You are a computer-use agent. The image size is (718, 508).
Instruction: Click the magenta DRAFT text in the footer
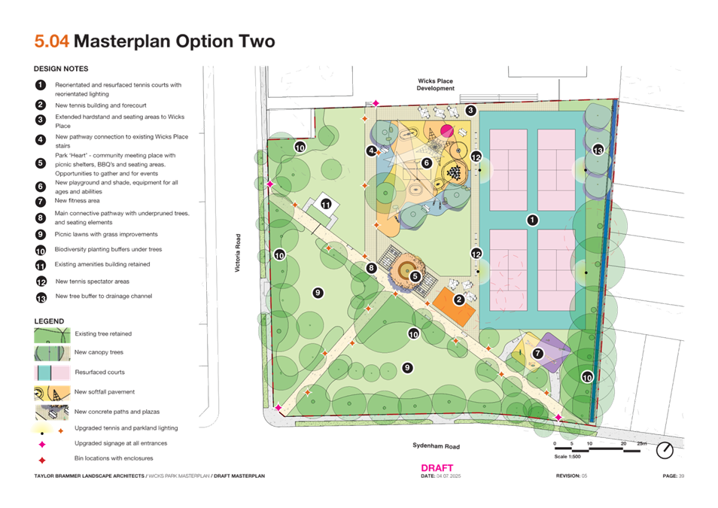point(437,467)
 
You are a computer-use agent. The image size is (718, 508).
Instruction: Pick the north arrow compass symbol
point(665,450)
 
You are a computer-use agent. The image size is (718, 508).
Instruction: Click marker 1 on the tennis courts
point(533,220)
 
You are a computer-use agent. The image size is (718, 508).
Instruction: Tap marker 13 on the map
point(598,151)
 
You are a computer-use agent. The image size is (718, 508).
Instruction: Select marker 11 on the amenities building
point(326,204)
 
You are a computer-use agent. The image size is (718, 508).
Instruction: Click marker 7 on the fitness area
point(538,353)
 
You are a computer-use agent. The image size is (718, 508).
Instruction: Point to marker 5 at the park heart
point(415,276)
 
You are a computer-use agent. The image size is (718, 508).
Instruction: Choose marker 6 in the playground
point(426,163)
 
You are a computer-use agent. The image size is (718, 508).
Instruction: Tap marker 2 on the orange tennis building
point(458,300)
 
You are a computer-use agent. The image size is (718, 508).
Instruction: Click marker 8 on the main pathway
point(371,268)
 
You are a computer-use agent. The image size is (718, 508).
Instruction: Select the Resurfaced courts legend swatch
point(51,373)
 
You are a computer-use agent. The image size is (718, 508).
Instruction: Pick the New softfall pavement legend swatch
point(51,392)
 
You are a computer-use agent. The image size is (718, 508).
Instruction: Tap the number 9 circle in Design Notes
point(41,234)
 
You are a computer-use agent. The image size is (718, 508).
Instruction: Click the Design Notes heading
point(61,69)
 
